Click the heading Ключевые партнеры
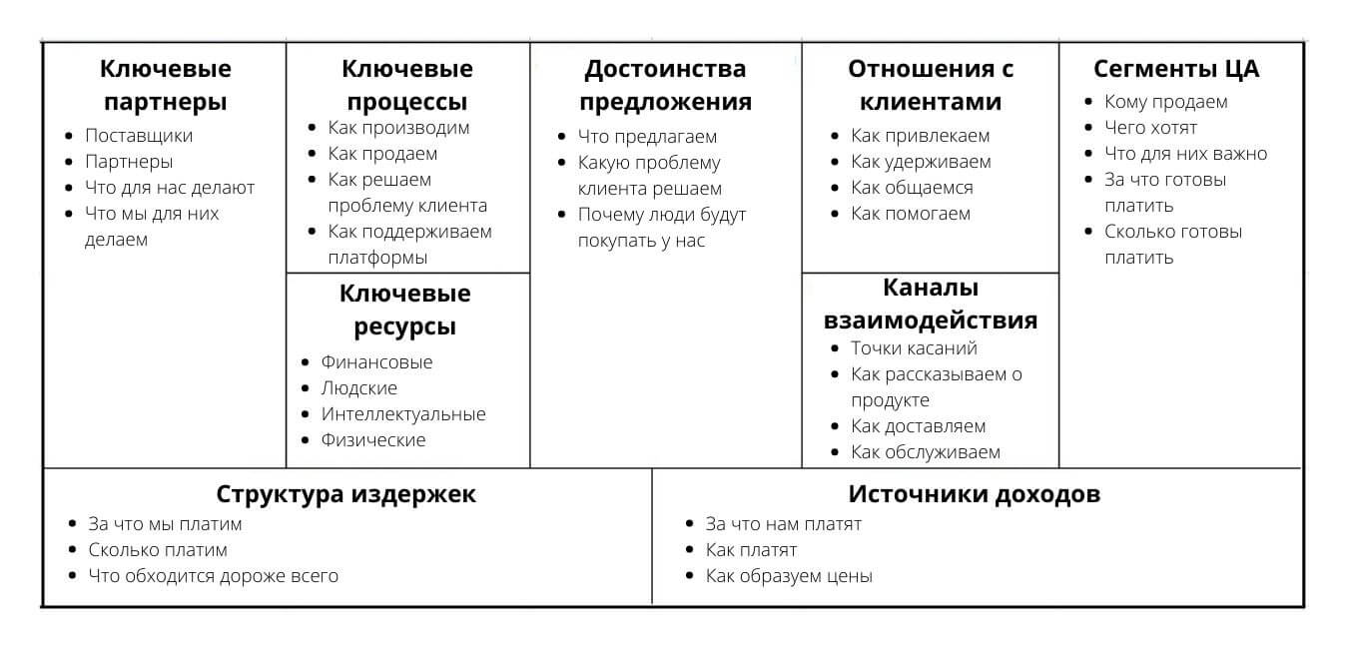166,86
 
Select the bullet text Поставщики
139,136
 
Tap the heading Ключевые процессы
407,86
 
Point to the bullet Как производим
398,128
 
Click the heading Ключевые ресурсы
405,311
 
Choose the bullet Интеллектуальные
403,414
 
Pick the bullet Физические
373,440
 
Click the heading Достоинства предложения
665,86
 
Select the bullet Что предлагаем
647,137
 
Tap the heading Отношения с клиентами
931,86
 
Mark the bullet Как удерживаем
921,162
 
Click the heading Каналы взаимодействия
931,305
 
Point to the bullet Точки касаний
914,348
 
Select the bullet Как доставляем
918,426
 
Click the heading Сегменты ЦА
1176,70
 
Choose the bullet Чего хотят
1150,128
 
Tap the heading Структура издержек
346,495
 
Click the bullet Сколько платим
158,550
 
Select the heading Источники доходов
975,495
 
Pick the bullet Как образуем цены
789,576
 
